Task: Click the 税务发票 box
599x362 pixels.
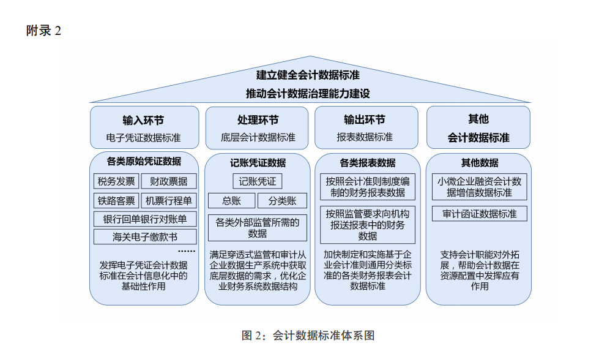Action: click(116, 181)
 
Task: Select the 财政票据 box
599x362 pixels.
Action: click(169, 181)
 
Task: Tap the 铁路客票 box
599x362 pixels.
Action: click(116, 201)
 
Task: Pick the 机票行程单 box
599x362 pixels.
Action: click(169, 201)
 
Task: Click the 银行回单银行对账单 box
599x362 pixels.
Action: click(145, 219)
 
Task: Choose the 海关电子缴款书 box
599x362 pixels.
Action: click(145, 237)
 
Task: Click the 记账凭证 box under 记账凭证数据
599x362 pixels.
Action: click(258, 181)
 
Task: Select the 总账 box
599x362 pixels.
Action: click(231, 201)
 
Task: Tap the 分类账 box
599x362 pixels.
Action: click(282, 201)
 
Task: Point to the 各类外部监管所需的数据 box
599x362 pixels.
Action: click(258, 228)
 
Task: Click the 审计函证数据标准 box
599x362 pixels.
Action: click(480, 214)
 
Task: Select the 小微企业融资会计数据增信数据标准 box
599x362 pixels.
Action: click(480, 187)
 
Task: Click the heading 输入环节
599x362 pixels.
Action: click(143, 121)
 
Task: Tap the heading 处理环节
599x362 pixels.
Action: click(258, 120)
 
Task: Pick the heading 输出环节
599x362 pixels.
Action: click(365, 119)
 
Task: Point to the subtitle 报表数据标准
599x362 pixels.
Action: click(365, 137)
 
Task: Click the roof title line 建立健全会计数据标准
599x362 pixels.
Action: click(308, 75)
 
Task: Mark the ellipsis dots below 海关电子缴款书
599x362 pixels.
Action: click(187, 251)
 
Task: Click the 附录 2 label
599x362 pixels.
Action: click(43, 31)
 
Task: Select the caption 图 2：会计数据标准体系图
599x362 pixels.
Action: click(308, 335)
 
